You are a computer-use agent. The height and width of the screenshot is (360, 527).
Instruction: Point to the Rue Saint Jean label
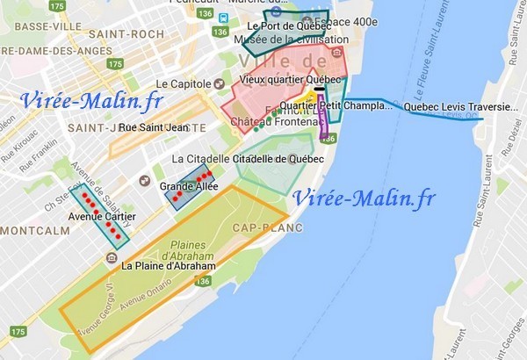click(x=153, y=128)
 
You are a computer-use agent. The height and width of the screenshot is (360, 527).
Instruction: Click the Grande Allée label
click(x=188, y=187)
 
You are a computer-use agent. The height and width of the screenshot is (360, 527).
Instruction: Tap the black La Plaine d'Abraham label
click(x=169, y=265)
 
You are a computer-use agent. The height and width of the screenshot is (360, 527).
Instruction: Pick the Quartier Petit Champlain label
click(x=337, y=106)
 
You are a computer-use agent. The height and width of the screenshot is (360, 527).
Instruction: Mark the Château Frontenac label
click(x=272, y=123)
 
